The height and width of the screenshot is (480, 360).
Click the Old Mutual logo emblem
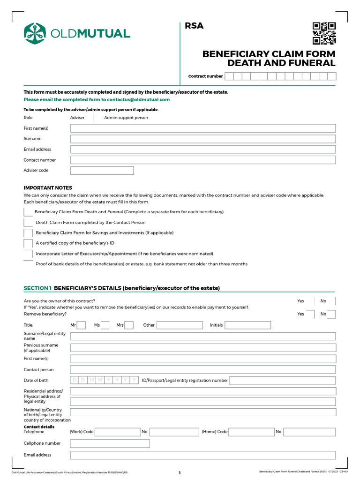35,33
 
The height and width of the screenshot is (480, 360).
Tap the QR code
324,33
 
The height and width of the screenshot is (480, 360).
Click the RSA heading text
194,26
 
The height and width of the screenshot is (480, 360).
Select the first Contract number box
229,76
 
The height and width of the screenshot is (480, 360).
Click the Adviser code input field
102,171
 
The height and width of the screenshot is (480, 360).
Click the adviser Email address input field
203,150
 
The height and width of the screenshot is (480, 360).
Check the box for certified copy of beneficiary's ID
28,243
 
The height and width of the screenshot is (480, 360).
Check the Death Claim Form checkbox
28,223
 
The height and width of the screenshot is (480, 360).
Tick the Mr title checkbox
81,325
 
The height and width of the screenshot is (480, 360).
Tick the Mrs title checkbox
129,325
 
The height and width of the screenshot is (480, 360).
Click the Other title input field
180,325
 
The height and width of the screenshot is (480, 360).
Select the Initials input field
247,325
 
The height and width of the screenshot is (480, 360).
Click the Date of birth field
105,380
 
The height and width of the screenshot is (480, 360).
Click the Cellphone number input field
110,443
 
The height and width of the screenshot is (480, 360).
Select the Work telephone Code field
118,432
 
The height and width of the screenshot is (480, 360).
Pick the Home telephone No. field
309,432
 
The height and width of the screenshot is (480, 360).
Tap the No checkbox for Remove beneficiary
331,314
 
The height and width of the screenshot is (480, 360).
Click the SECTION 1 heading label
37,288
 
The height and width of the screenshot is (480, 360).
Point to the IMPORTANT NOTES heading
48,188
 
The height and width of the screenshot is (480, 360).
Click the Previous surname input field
203,348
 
